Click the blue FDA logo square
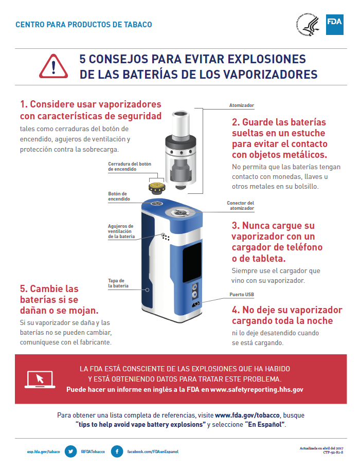[334, 25]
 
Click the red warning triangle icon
[53, 66]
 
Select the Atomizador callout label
[242, 105]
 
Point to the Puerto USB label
[242, 294]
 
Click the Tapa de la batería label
[118, 283]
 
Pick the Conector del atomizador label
[240, 206]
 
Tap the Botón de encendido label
[119, 196]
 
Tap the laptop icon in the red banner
[40, 379]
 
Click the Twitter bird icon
[71, 451]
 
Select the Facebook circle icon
[117, 451]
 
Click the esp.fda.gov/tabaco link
[44, 451]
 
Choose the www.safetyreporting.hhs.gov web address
[257, 389]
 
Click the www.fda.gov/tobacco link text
[247, 415]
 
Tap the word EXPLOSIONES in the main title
[266, 59]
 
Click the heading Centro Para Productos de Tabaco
[84, 25]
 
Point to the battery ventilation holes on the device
[166, 237]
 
